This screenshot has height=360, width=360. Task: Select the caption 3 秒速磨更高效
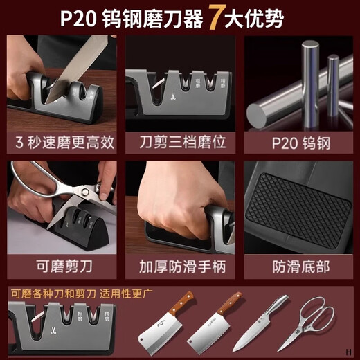pyautogui.click(x=64, y=143)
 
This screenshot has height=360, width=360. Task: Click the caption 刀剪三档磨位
pyautogui.click(x=180, y=143)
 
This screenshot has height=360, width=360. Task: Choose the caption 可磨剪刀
pyautogui.click(x=64, y=264)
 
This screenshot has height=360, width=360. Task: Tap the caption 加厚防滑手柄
pyautogui.click(x=180, y=264)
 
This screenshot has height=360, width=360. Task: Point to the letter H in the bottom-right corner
pyautogui.click(x=351, y=352)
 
